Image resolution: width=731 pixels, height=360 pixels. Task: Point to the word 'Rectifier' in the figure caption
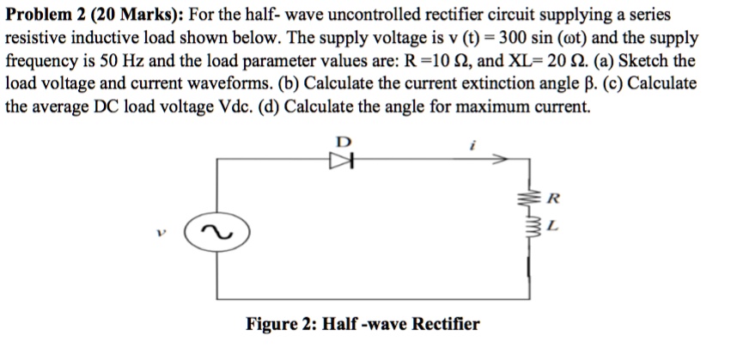pyautogui.click(x=447, y=325)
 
